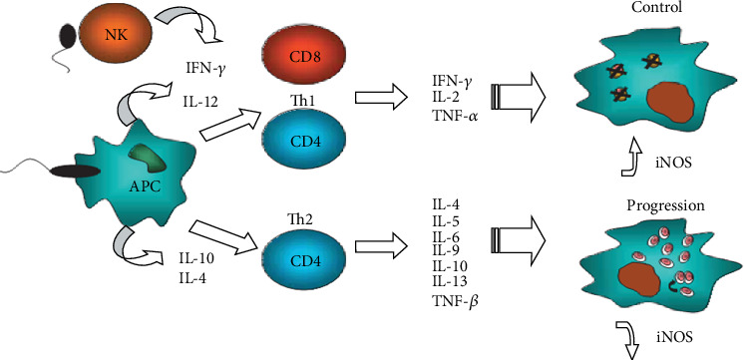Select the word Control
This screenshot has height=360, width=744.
(x=657, y=8)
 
